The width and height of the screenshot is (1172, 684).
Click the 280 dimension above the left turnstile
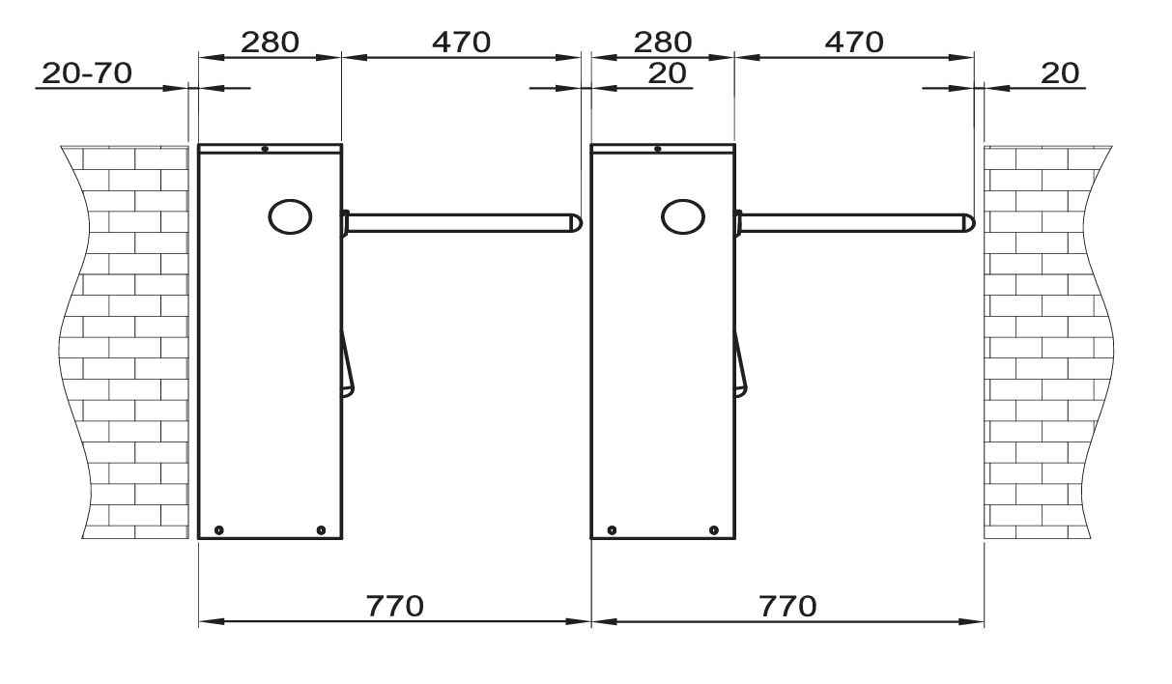[270, 42]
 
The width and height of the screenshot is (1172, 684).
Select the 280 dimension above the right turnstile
[662, 42]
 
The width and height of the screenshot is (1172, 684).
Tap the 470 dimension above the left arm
[461, 42]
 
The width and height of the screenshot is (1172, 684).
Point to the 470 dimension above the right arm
[853, 42]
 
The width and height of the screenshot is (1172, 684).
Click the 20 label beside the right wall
[1062, 72]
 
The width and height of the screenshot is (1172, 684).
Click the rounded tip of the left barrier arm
[576, 223]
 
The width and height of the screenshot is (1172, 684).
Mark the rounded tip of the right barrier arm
[968, 223]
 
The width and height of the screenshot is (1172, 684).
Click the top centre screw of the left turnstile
[265, 149]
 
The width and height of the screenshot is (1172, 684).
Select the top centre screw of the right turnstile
[657, 149]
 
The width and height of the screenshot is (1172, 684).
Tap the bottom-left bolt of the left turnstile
[219, 529]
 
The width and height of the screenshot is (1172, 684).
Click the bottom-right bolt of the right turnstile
[714, 529]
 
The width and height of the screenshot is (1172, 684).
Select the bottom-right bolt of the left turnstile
[322, 529]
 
